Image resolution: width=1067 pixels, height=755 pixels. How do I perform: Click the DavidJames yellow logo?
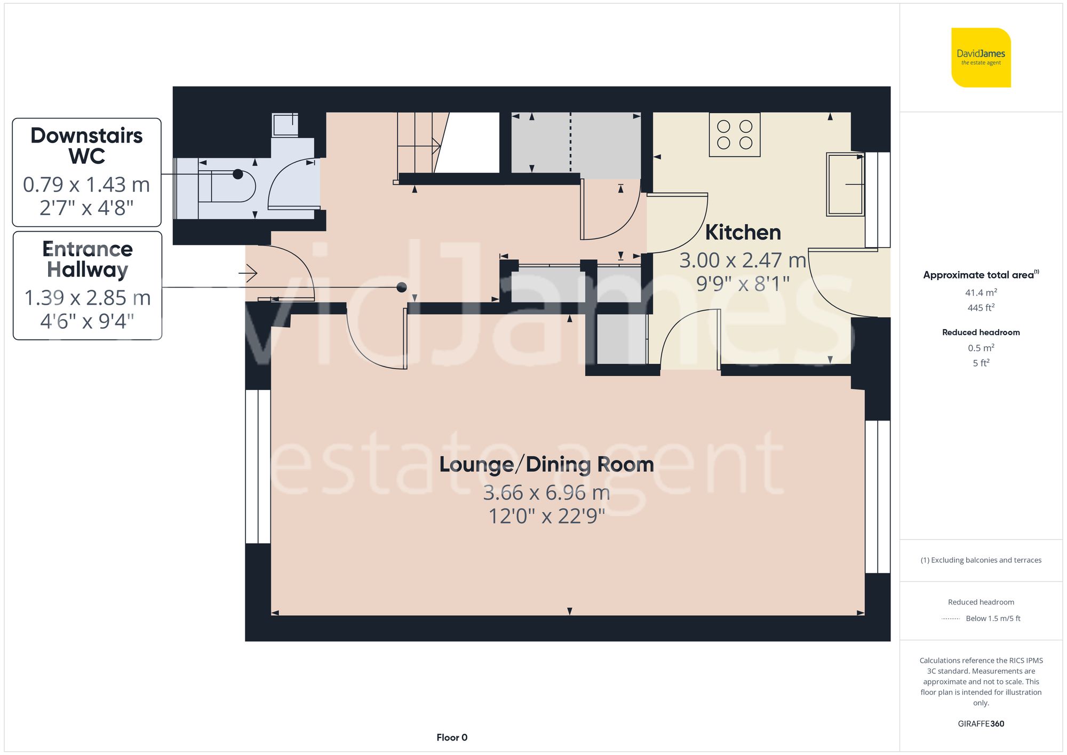pyautogui.click(x=981, y=58)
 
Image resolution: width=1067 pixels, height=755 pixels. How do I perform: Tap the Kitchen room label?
pyautogui.click(x=743, y=233)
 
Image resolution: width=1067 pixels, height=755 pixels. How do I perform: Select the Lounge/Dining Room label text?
pyautogui.click(x=546, y=464)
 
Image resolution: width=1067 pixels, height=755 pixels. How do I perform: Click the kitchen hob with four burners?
pyautogui.click(x=734, y=134)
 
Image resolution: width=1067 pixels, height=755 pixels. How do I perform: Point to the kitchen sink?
pyautogui.click(x=845, y=184)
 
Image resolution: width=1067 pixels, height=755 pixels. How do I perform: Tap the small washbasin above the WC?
pyautogui.click(x=285, y=125)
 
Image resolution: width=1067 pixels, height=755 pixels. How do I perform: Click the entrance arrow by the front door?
pyautogui.click(x=248, y=274)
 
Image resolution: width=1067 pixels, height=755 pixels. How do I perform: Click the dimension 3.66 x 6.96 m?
pyautogui.click(x=546, y=492)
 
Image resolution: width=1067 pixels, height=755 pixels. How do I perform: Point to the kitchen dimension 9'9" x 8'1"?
pyautogui.click(x=743, y=284)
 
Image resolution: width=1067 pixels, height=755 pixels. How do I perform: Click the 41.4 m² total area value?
pyautogui.click(x=981, y=292)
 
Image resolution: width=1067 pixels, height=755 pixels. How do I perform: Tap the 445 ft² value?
pyautogui.click(x=981, y=308)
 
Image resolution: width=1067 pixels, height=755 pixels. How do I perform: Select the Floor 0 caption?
pyautogui.click(x=451, y=737)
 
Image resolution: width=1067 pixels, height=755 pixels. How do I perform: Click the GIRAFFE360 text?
pyautogui.click(x=981, y=724)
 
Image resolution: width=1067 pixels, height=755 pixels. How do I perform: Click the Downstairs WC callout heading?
pyautogui.click(x=86, y=146)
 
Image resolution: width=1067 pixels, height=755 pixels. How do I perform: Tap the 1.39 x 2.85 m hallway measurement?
pyautogui.click(x=87, y=298)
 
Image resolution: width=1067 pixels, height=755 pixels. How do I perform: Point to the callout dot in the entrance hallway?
pyautogui.click(x=402, y=287)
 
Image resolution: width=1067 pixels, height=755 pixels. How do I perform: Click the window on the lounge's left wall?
pyautogui.click(x=258, y=466)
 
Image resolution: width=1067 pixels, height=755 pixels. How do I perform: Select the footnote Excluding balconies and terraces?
pyautogui.click(x=981, y=560)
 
